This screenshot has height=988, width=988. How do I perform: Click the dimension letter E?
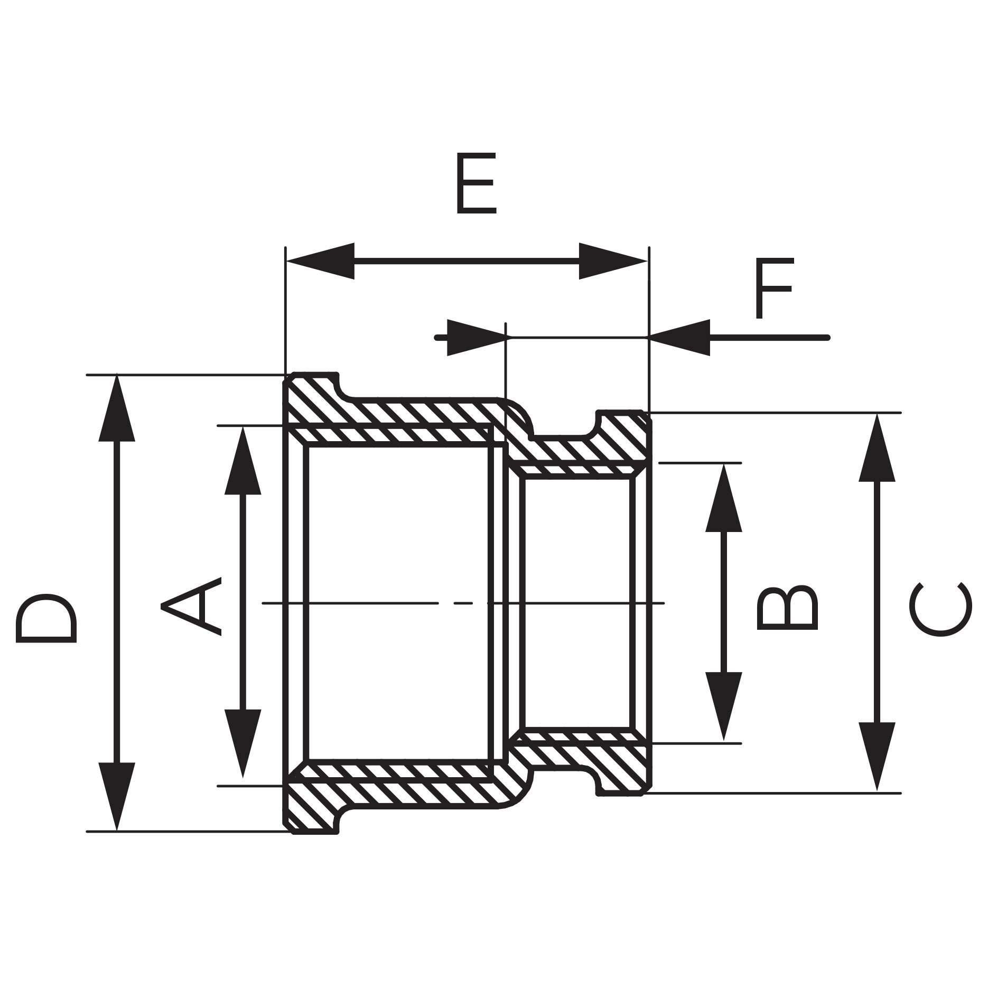(476, 184)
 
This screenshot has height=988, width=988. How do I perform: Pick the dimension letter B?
(788, 607)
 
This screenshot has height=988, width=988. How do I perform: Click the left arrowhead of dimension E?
(320, 261)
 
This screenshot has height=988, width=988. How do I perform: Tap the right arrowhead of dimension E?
(613, 261)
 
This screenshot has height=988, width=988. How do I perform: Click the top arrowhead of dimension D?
(117, 408)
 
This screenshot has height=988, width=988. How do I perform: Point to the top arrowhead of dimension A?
(243, 460)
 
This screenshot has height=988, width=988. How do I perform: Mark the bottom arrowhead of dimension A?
(243, 743)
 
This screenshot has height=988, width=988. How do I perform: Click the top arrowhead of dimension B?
(724, 498)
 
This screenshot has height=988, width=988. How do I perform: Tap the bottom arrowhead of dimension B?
(724, 706)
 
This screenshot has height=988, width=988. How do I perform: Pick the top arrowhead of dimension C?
(877, 448)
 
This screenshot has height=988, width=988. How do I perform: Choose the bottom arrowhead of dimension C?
(877, 757)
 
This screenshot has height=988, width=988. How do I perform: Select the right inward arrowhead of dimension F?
(679, 338)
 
